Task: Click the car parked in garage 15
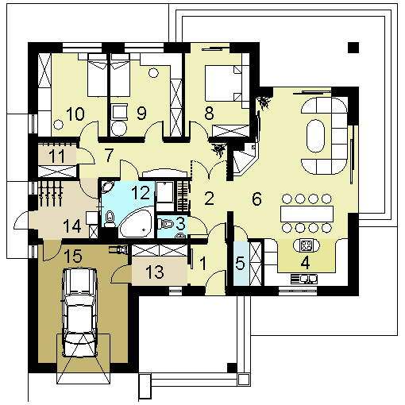point(79,312)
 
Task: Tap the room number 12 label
point(141,192)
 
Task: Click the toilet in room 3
point(166,225)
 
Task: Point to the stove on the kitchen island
point(307,245)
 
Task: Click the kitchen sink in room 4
point(304,279)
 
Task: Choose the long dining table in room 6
point(307,214)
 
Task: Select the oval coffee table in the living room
point(315,136)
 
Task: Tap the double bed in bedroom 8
point(224,83)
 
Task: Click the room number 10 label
point(75,114)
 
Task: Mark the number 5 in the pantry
point(240,263)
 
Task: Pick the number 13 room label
point(155,272)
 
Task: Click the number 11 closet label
point(56,156)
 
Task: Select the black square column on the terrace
point(353,48)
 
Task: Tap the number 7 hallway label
point(109,155)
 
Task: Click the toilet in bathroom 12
point(110,219)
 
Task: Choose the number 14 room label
point(72,226)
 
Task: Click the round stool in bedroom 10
point(58,124)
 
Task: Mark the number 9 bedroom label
point(141,114)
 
